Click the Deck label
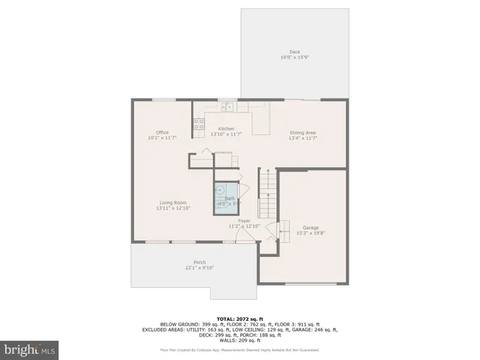tap(295, 52)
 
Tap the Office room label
tap(162, 133)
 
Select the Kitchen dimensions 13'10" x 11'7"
tap(226, 134)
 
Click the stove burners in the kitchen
tap(199, 125)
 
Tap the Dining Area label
tap(304, 133)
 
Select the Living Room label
tap(172, 202)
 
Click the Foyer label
tap(244, 220)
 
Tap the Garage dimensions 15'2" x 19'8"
tap(310, 233)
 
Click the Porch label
tap(199, 262)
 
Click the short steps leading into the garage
tap(283, 228)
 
